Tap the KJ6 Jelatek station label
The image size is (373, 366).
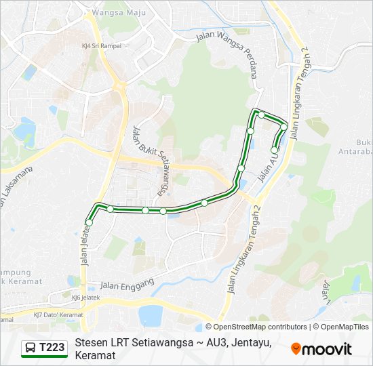tap(85, 298)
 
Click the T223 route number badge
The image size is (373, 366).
tap(52, 348)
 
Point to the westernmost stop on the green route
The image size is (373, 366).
tap(89, 222)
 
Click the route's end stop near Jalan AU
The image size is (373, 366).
tap(275, 150)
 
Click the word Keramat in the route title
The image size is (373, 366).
tap(95, 355)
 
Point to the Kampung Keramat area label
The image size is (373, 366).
tap(20, 277)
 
